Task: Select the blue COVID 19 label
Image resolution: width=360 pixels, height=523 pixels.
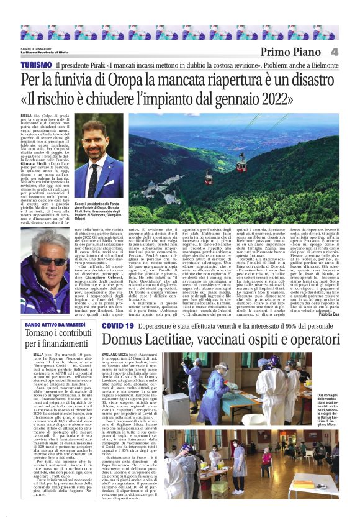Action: pyautogui.click(x=118, y=325)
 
